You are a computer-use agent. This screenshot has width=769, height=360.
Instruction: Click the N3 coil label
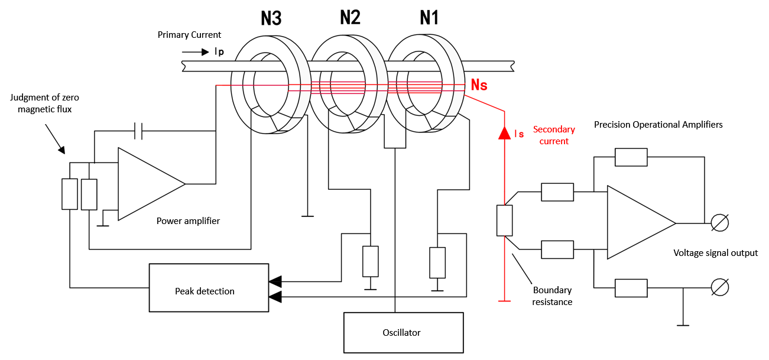[x=271, y=19]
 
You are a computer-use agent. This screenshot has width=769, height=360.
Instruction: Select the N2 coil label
[x=350, y=18]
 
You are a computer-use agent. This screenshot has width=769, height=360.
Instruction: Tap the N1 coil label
[x=429, y=18]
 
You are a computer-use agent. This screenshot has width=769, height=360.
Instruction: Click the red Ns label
[x=479, y=85]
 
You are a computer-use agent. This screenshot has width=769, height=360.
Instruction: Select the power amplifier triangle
[x=148, y=184]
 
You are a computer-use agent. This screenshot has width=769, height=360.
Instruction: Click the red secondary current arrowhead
[x=504, y=132]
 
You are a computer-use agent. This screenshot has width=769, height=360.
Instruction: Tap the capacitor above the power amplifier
[x=138, y=131]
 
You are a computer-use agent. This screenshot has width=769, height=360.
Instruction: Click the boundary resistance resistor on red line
[x=504, y=220]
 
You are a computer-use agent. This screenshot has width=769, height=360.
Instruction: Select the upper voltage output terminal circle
[x=719, y=223]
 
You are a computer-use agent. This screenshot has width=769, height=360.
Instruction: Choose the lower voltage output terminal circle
[x=719, y=287]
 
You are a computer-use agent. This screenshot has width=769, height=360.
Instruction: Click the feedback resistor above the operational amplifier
[x=631, y=157]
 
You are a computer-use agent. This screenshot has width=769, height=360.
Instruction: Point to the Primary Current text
[x=190, y=35]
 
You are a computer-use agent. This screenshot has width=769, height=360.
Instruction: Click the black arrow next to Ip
[x=197, y=52]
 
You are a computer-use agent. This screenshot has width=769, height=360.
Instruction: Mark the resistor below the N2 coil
[x=370, y=262]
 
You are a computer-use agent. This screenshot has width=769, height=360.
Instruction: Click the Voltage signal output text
[x=715, y=253]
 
